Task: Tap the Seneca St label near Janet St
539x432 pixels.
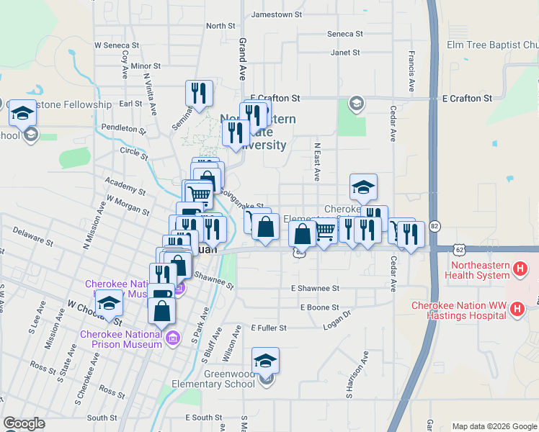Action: (x=344, y=34)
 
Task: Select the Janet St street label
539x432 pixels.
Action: (x=344, y=53)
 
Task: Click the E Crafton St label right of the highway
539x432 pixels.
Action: (x=466, y=98)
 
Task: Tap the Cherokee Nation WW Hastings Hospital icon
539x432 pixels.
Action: (x=517, y=310)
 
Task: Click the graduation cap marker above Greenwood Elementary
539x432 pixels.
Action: (x=265, y=359)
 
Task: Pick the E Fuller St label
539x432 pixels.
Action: (x=269, y=328)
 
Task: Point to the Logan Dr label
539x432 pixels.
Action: (x=337, y=318)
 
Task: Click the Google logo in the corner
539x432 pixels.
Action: (x=24, y=423)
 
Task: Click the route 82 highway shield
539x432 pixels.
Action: (x=434, y=226)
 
